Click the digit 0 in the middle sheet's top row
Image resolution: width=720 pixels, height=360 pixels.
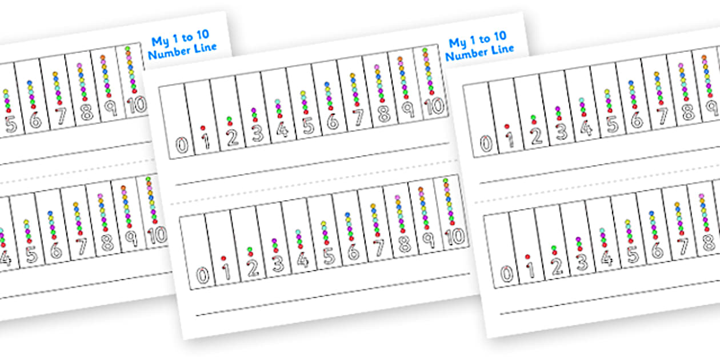[x=181, y=145]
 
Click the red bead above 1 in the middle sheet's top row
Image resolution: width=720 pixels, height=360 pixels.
[x=202, y=127]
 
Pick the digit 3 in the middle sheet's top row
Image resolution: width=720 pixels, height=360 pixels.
[x=257, y=133]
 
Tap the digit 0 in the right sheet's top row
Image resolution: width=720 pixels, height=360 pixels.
[x=485, y=143]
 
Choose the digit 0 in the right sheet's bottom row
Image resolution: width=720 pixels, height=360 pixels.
[x=506, y=274]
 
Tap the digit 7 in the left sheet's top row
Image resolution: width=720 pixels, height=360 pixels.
[x=61, y=117]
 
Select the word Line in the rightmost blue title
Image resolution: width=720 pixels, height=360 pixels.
[x=501, y=50]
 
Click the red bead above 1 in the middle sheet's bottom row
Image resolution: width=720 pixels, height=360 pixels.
[x=223, y=258]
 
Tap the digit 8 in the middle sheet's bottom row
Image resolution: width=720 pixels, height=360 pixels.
[x=404, y=245]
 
